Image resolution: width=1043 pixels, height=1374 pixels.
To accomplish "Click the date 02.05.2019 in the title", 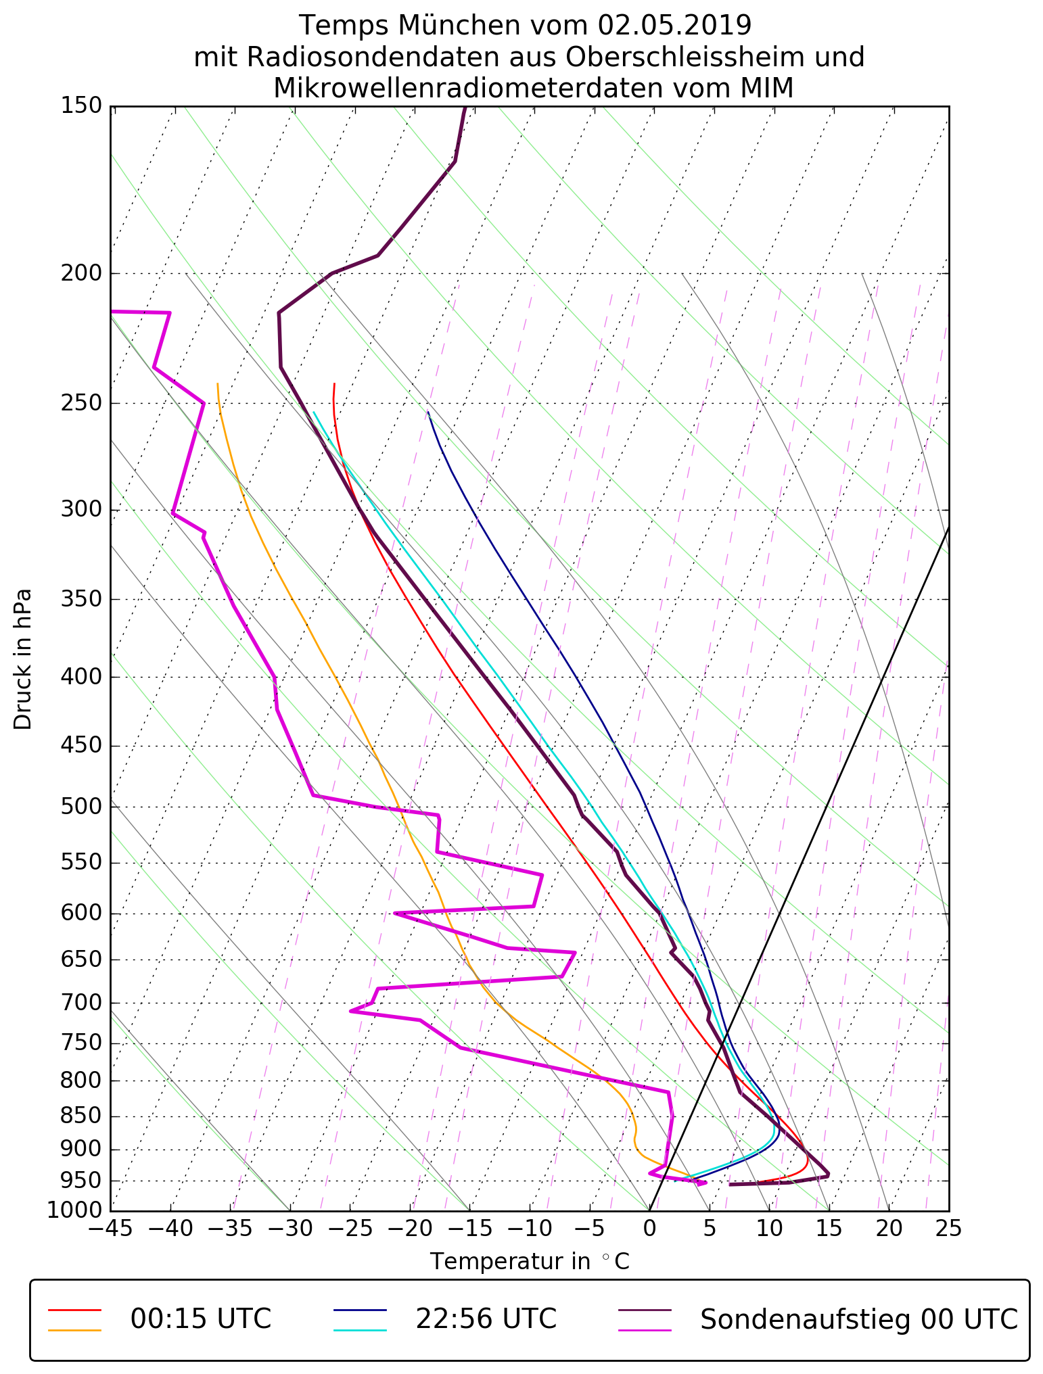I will [x=674, y=26].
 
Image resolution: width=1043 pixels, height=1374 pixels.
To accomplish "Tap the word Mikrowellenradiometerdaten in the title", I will [x=461, y=89].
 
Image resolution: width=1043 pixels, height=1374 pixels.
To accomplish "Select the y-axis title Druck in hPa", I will [x=23, y=659].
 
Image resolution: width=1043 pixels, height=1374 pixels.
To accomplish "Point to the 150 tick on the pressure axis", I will [x=81, y=106].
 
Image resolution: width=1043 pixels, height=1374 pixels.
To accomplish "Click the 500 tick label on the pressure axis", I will [x=81, y=807].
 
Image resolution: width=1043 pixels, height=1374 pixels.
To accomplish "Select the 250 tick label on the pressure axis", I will [x=81, y=403].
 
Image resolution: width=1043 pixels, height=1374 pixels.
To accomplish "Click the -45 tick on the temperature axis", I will [x=110, y=1228].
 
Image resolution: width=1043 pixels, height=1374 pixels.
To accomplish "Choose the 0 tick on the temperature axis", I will [x=649, y=1228].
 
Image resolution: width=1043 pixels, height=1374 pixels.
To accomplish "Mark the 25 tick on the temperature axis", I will [x=948, y=1228].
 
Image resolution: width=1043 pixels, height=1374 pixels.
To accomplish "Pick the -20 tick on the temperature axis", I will [x=409, y=1228].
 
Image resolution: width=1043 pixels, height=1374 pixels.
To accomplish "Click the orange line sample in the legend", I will [x=74, y=1330].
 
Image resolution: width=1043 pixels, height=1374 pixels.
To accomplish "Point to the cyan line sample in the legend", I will [x=360, y=1330].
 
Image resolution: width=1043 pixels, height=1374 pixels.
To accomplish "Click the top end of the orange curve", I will [x=218, y=384].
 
